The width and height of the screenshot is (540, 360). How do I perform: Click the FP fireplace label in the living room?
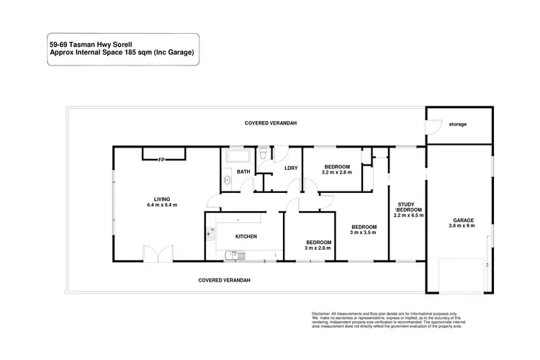(162, 159)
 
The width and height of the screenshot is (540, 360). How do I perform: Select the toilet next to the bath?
(265, 153)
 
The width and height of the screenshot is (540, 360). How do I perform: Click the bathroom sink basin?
(225, 181)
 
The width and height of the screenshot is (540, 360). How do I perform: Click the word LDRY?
(291, 168)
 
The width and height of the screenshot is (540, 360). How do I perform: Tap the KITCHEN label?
(247, 236)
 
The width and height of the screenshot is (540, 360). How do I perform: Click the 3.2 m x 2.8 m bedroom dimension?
(336, 173)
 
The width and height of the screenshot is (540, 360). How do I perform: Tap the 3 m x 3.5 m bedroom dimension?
(364, 233)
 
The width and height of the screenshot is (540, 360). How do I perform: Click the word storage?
(458, 124)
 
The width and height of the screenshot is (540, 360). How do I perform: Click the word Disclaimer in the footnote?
(321, 314)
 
